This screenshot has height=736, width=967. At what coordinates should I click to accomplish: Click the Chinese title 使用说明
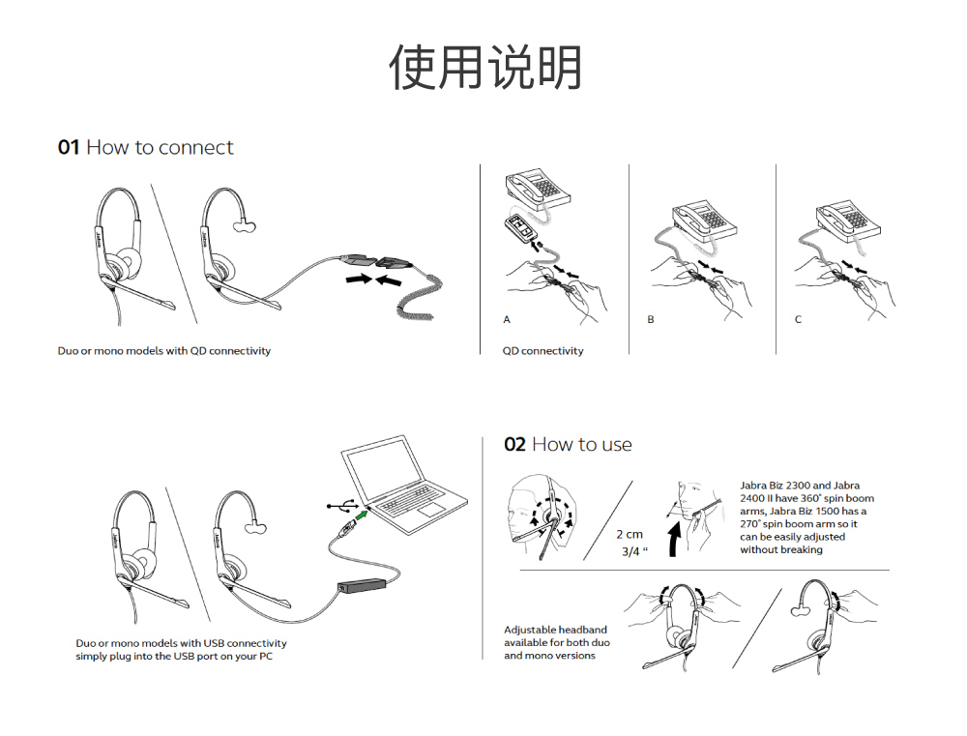[x=485, y=67]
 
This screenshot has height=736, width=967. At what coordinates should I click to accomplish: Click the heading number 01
[x=68, y=148]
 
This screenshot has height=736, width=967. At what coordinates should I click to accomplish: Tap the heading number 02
[x=514, y=445]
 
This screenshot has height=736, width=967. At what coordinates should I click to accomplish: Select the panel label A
[x=507, y=319]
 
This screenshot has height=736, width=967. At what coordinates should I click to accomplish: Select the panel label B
[x=651, y=319]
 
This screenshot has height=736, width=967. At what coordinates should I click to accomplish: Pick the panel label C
[x=798, y=319]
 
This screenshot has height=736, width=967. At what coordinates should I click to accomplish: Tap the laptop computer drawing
[x=399, y=488]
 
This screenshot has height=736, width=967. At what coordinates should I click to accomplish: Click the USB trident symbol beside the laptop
[x=339, y=505]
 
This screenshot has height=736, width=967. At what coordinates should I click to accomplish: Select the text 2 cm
[x=630, y=534]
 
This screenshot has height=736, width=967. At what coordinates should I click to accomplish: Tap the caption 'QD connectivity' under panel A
[x=542, y=351]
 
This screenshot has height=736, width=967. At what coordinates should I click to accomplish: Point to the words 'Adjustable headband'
[x=555, y=630]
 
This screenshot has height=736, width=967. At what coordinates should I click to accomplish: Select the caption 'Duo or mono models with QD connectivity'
[x=164, y=351]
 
